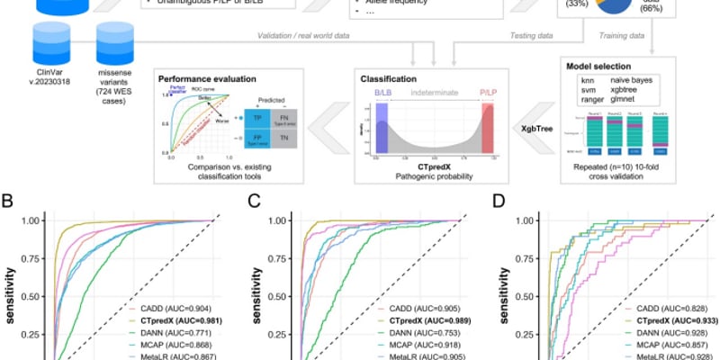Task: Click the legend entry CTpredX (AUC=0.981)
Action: (174, 319)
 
